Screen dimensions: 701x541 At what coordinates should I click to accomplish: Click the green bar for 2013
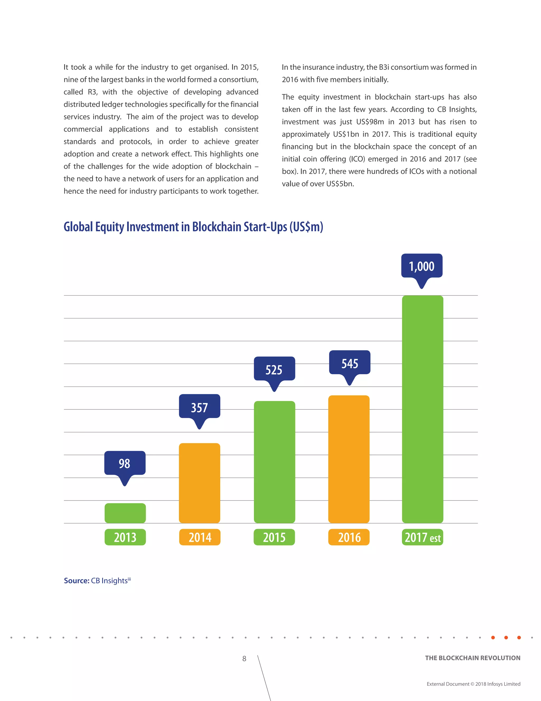(125, 513)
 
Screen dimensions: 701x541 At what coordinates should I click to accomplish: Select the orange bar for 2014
(199, 483)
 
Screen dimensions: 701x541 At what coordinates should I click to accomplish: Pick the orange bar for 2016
(349, 459)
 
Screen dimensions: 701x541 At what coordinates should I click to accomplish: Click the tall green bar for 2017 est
(422, 409)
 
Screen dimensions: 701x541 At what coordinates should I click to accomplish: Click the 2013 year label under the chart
(125, 537)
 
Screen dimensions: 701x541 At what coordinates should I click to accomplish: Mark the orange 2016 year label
(349, 537)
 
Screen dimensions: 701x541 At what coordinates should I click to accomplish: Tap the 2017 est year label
(422, 537)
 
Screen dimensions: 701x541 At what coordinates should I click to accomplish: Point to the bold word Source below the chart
(76, 580)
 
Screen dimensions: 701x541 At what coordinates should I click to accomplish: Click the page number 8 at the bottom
(244, 659)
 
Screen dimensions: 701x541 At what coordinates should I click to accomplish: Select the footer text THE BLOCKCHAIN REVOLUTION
(472, 658)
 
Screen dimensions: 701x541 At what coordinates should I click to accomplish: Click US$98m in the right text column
(370, 122)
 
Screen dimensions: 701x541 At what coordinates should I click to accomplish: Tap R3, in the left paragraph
(93, 92)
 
